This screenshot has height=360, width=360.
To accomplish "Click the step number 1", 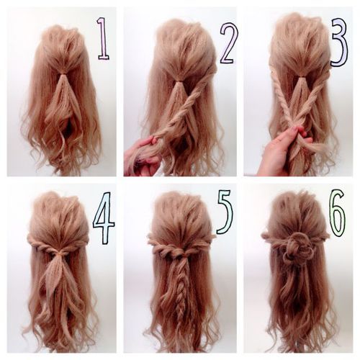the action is [x=104, y=38].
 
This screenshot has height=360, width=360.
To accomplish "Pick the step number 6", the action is [x=338, y=211].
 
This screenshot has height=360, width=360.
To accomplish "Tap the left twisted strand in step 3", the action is [x=283, y=96].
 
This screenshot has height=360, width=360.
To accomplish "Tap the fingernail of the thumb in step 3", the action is [x=293, y=130].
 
